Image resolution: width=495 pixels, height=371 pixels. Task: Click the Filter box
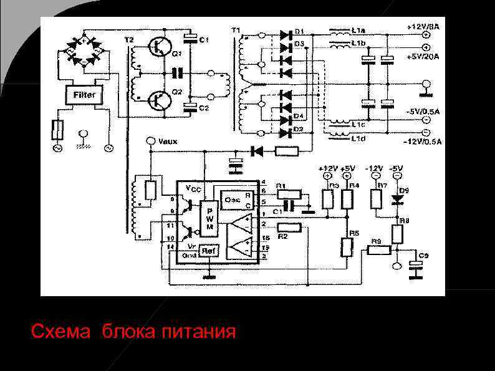pos(84,95)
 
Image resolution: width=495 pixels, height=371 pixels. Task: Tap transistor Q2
pos(158,99)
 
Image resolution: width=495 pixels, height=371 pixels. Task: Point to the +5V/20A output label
pos(424,57)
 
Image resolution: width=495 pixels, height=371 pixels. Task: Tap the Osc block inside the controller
pos(233,199)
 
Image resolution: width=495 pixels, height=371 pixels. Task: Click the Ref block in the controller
pos(209,251)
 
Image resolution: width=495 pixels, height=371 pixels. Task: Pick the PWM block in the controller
pos(209,218)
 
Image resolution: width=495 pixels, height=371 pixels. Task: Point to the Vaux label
pos(168,142)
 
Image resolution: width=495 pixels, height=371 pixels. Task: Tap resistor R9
pos(378,250)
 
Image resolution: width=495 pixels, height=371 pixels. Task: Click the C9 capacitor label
pos(423,256)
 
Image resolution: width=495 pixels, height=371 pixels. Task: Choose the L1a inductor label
pos(358,29)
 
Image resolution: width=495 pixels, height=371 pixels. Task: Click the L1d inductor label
pos(358,138)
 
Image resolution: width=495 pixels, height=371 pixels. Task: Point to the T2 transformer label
pos(128,40)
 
